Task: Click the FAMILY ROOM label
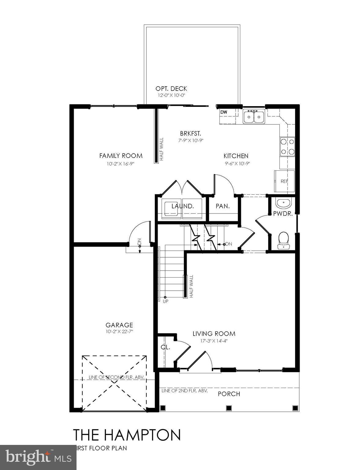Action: (121, 156)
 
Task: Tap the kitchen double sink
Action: (254, 117)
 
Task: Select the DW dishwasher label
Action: (224, 112)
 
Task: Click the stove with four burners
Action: (287, 147)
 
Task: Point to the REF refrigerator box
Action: (284, 181)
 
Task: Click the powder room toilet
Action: (283, 240)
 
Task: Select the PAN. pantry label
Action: (223, 206)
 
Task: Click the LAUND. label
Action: (182, 206)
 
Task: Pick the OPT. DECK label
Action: (171, 89)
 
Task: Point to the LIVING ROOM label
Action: (214, 334)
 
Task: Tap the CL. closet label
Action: (166, 348)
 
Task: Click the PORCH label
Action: (229, 394)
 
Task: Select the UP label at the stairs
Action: (166, 301)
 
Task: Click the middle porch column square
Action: (228, 408)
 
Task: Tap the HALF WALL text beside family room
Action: (162, 149)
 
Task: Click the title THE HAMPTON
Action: (126, 435)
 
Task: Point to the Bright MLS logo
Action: (38, 457)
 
